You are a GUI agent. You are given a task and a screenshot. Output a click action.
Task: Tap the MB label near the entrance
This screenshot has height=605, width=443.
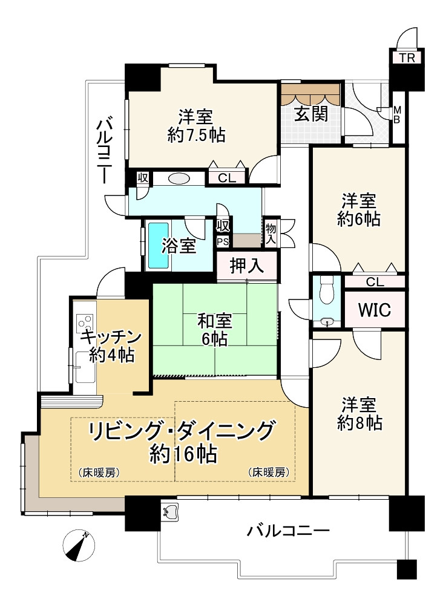tap(398, 114)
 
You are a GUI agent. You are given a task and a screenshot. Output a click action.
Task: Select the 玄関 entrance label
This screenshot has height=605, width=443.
tap(311, 114)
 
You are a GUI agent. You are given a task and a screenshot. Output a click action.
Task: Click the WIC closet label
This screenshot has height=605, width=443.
tap(374, 310)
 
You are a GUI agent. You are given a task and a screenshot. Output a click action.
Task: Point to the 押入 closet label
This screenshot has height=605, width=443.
tap(247, 267)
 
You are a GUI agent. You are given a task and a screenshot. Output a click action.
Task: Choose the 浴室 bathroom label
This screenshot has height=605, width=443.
tap(179, 246)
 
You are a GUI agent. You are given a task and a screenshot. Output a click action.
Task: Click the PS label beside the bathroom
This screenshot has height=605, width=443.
tap(223, 241)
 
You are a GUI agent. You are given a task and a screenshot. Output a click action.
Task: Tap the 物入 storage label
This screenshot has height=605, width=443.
tap(271, 232)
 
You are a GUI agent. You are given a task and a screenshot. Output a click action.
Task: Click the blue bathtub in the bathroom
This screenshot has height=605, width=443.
tap(158, 245)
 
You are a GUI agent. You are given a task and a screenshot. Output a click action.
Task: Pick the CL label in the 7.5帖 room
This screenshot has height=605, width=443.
tap(227, 178)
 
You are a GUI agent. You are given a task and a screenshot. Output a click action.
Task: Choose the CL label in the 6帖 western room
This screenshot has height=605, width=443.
tap(375, 281)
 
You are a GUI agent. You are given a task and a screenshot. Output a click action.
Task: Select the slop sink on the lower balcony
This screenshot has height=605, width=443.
tap(169, 512)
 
